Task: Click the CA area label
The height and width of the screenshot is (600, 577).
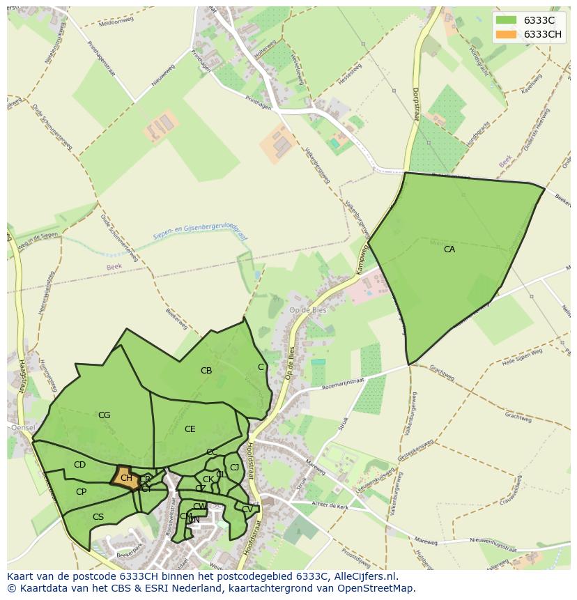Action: [x=449, y=249]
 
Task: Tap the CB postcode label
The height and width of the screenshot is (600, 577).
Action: [x=206, y=371]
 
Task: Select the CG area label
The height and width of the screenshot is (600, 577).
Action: [x=104, y=415]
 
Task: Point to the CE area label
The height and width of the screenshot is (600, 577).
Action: [x=190, y=429]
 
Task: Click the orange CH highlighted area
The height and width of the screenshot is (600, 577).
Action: [x=125, y=478]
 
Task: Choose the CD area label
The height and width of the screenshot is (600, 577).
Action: [x=79, y=465]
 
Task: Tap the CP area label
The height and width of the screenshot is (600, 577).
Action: [x=81, y=492]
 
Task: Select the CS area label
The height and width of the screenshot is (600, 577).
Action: [x=98, y=517]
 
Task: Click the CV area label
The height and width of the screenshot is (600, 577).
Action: [x=247, y=509]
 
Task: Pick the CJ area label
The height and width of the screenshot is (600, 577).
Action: [x=235, y=468]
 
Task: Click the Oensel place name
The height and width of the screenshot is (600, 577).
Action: [x=22, y=427]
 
